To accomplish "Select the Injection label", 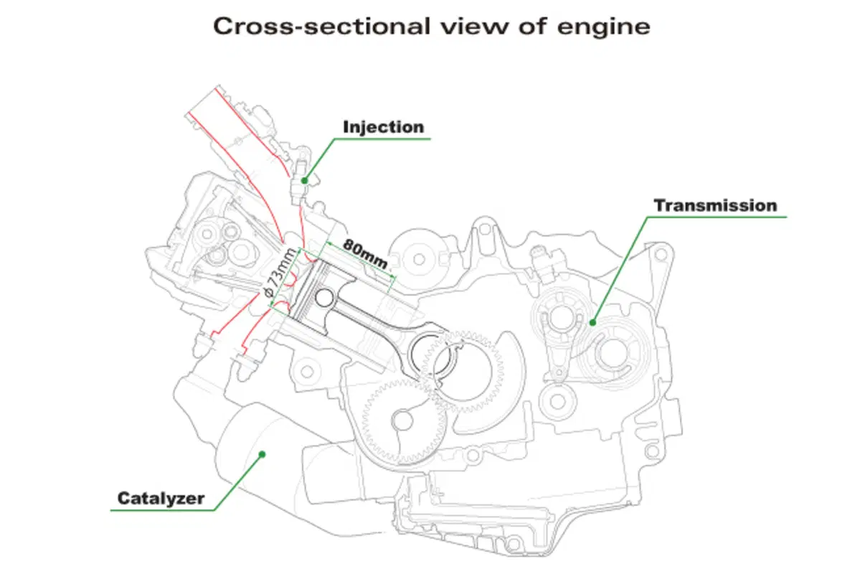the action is coord(384,127).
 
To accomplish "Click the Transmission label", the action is coord(715,205).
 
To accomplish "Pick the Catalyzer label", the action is coord(161,498).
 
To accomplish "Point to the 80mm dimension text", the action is coord(365,253).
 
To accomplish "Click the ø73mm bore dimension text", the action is coord(280,273).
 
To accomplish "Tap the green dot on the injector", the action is coord(305,181).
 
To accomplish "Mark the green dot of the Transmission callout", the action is coord(592,323).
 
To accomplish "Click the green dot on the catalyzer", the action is coord(263,454).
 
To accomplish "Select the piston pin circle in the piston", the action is coord(325,298).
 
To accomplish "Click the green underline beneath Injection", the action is coord(382,138).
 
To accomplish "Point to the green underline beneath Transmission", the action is coord(717,217).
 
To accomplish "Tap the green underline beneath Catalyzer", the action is coord(162,510).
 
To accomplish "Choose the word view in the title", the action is coord(474,27).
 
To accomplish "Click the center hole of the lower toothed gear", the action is coord(403,421).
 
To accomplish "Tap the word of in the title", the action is coord(532,27).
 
